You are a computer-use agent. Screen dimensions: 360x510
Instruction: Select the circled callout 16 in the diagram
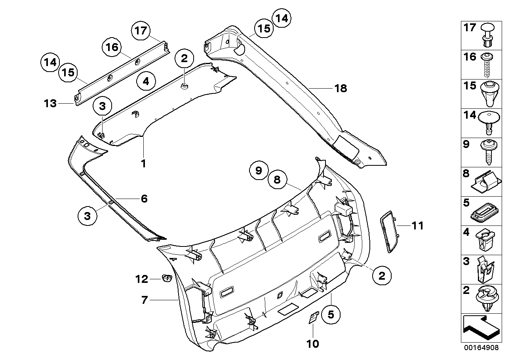click(112, 47)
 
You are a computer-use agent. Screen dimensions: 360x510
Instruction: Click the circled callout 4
click(146, 81)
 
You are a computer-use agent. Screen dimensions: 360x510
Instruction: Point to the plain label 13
click(50, 104)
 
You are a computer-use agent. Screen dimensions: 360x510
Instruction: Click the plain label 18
click(341, 88)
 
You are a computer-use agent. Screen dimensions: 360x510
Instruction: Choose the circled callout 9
click(259, 171)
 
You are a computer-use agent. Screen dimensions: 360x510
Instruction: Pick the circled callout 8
click(277, 180)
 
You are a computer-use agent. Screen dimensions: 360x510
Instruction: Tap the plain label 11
click(417, 226)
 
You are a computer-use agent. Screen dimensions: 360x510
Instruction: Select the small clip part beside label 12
click(166, 279)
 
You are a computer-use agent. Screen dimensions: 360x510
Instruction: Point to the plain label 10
click(312, 344)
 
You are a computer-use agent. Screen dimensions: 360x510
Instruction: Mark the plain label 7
click(144, 300)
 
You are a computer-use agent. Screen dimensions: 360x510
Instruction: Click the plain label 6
click(144, 198)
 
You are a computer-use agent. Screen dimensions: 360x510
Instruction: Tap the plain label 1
click(144, 163)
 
